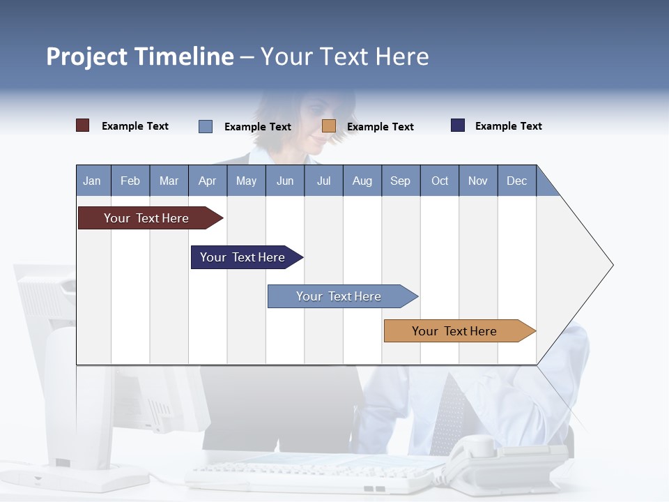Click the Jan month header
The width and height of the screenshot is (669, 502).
point(93,181)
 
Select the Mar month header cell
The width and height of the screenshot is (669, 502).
point(169,181)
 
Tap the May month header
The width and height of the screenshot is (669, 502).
point(246,181)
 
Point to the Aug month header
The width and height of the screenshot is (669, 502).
point(362,181)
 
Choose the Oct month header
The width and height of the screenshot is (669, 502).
point(440,181)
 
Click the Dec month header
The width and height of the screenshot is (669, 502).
point(516,181)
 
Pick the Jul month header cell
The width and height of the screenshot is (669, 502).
point(323,181)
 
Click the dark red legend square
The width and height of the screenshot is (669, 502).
point(82,125)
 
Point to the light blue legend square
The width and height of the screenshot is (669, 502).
point(206,126)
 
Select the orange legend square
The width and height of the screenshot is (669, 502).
point(329,126)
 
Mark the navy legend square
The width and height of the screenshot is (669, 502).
point(458,125)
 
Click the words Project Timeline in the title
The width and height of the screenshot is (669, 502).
point(140,56)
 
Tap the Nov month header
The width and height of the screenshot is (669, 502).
point(478,181)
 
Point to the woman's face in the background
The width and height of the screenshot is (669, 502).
point(317,122)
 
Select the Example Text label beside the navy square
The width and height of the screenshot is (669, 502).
point(508,126)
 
